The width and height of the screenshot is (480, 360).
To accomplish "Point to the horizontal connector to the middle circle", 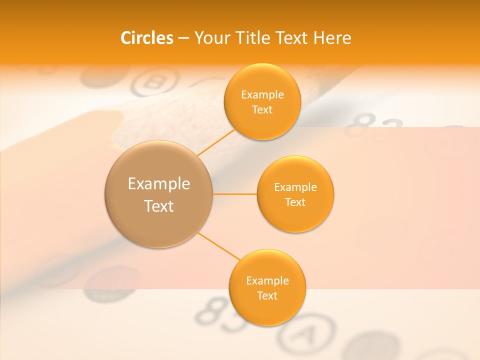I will click(234, 194).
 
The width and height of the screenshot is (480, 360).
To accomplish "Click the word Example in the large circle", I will click(159, 184).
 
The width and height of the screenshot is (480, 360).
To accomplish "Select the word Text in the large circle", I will click(159, 206).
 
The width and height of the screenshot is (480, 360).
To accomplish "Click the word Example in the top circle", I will click(262, 95).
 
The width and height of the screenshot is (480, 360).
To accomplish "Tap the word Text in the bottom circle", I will click(267, 295).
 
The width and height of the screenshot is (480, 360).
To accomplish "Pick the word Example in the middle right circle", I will click(295, 187).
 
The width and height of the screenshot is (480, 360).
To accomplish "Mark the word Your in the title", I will click(210, 38).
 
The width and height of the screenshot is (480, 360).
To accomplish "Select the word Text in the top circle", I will click(262, 110).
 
